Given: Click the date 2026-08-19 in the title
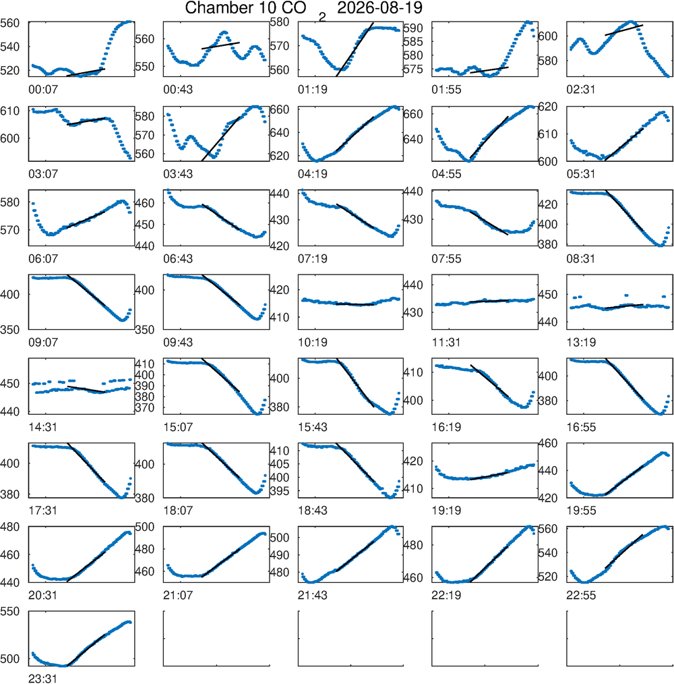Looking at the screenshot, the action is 379,7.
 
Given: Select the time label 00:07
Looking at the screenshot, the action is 43,90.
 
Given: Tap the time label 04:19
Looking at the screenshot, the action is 313,174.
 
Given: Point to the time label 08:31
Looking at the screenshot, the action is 581,258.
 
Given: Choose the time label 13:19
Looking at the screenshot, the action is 581,343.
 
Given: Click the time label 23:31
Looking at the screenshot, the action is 43,679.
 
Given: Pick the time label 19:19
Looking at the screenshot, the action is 446,511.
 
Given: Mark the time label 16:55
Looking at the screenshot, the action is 581,427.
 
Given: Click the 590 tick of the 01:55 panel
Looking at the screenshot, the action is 413,28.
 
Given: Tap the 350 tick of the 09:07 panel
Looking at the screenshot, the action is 10,330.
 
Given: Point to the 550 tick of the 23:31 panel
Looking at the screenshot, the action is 10,612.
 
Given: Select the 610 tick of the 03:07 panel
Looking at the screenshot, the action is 10,111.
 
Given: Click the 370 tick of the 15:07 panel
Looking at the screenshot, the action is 145,408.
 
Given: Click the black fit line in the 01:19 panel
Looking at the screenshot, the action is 355,49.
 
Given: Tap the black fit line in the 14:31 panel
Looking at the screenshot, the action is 86,389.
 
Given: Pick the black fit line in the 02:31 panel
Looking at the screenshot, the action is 624,30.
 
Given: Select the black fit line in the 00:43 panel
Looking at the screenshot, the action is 220,45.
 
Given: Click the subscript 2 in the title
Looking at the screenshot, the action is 322,17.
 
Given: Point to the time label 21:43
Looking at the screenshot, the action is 313,595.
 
